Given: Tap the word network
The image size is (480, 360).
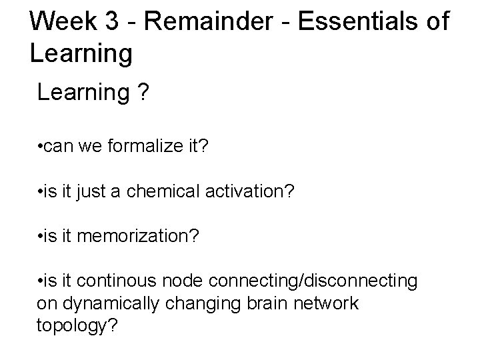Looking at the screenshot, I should [327, 303].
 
